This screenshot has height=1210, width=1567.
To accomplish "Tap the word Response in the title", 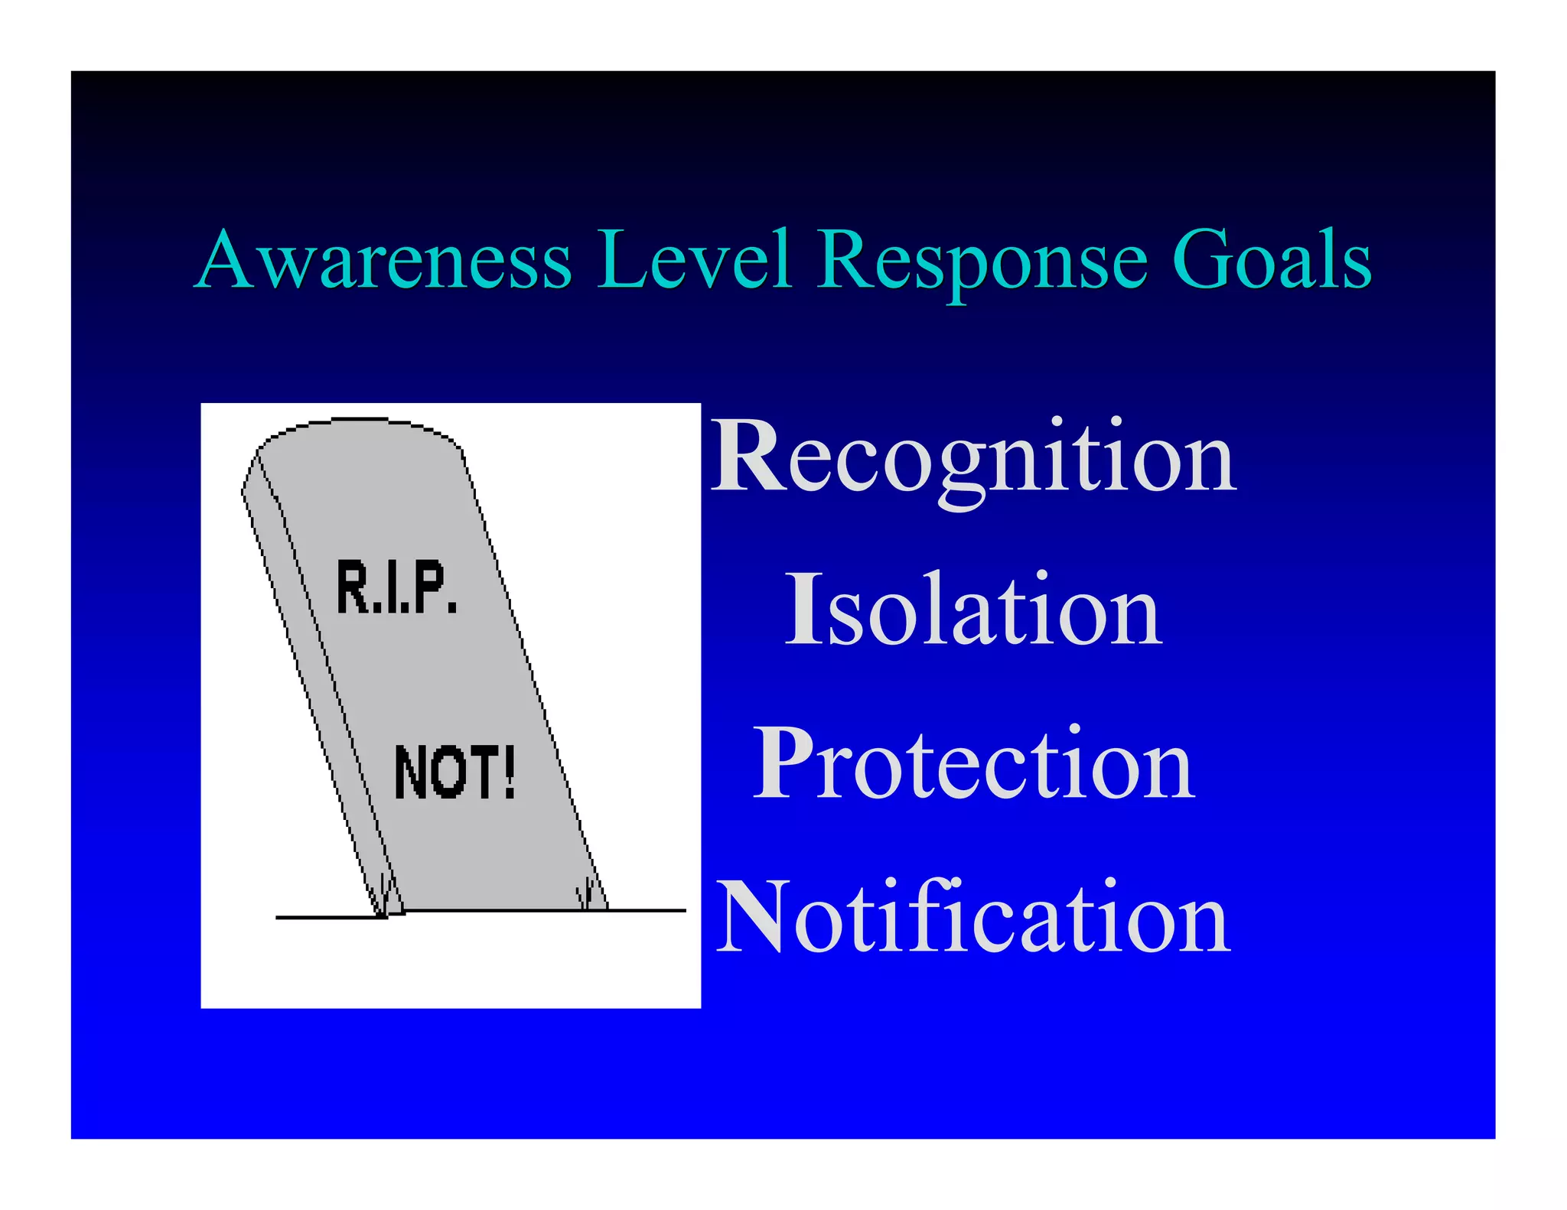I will click(x=982, y=262).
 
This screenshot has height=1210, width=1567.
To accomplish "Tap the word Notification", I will click(x=973, y=918).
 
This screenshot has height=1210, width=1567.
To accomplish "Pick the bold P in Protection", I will click(x=782, y=763).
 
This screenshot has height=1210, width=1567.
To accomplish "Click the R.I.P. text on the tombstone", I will click(x=396, y=587).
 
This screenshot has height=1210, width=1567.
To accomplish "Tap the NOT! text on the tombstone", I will click(x=454, y=773).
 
